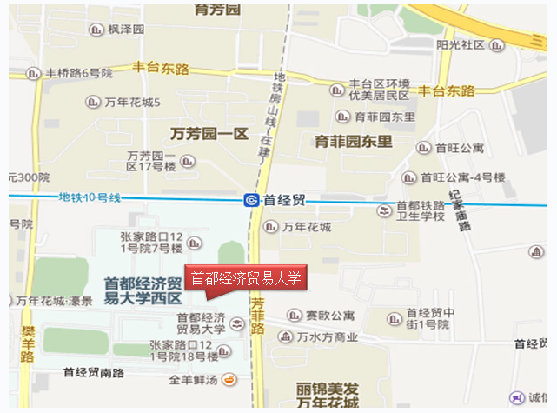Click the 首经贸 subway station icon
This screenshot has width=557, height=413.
[x=251, y=200]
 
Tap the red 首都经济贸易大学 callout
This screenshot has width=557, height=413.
[x=245, y=279]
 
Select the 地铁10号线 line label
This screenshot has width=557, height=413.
[x=90, y=197]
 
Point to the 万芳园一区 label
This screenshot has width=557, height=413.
[x=209, y=134]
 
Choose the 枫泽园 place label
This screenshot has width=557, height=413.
[x=126, y=30]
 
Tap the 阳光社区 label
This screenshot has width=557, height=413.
[x=461, y=44]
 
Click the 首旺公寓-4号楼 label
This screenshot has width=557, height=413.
[x=462, y=177]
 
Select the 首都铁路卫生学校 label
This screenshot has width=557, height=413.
[x=421, y=211]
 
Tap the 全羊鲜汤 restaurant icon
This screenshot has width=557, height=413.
[x=229, y=378]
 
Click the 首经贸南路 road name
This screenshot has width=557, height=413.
[x=94, y=372]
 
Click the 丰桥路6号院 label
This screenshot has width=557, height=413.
[x=79, y=73]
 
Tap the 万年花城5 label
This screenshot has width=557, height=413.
[x=133, y=103]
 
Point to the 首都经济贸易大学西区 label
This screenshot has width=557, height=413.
[x=143, y=290]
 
